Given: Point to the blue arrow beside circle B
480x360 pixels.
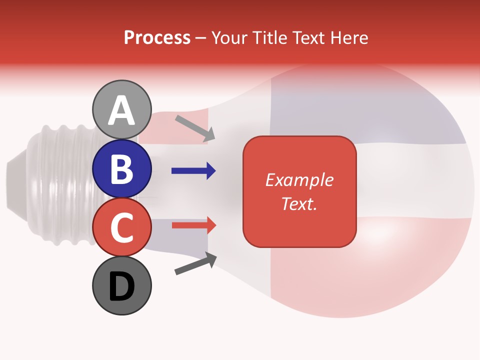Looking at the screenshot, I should click(193, 171).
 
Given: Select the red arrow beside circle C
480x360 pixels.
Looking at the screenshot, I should click(194, 225).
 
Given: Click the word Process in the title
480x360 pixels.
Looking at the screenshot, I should click(157, 37).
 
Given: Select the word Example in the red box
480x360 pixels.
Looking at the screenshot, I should click(299, 180).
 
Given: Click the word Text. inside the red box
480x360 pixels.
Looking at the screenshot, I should click(299, 203).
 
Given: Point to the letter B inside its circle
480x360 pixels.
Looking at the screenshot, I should click(122, 169).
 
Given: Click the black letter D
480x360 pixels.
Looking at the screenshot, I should click(122, 287).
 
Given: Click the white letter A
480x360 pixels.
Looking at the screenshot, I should click(122, 111).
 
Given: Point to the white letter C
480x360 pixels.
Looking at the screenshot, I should click(122, 227).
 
